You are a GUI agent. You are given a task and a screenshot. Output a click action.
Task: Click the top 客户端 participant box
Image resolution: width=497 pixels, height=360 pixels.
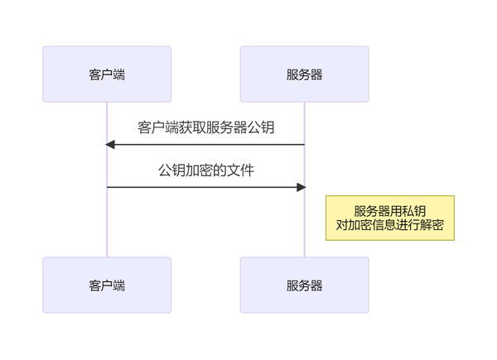click(x=107, y=74)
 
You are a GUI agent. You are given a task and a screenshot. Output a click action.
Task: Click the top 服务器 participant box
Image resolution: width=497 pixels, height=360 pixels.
click(x=304, y=74)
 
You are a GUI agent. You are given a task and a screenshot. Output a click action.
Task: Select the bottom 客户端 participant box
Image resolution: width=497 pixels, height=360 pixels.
click(x=107, y=285)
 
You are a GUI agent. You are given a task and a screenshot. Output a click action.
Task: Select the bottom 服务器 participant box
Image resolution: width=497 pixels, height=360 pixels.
click(x=304, y=285)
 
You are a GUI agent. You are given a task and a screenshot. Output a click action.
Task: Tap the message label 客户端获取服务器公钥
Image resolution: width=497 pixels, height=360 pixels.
click(x=205, y=127)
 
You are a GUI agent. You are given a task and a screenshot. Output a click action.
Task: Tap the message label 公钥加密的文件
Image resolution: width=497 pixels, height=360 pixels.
click(x=205, y=170)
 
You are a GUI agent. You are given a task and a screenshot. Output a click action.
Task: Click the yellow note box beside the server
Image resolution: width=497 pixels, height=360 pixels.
click(x=389, y=218)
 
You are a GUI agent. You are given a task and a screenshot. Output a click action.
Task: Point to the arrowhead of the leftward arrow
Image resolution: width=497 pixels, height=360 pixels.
click(x=110, y=145)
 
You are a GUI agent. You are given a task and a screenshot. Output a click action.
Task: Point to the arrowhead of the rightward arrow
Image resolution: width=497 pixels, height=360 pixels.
click(x=301, y=187)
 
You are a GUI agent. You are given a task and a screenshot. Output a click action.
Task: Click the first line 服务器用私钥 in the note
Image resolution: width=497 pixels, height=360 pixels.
click(x=389, y=210)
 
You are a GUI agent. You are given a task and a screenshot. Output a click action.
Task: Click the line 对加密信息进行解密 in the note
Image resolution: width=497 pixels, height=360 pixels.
click(x=389, y=224)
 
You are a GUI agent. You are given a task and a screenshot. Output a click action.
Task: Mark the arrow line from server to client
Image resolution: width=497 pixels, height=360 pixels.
click(x=207, y=145)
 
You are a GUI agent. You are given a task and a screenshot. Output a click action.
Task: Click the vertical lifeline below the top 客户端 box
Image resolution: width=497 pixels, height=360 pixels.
click(x=107, y=223)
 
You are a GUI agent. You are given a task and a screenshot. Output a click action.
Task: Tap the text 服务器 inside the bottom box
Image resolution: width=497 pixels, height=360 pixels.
click(x=304, y=286)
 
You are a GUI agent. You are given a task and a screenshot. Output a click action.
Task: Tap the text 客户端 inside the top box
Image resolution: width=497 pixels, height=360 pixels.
click(x=107, y=74)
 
